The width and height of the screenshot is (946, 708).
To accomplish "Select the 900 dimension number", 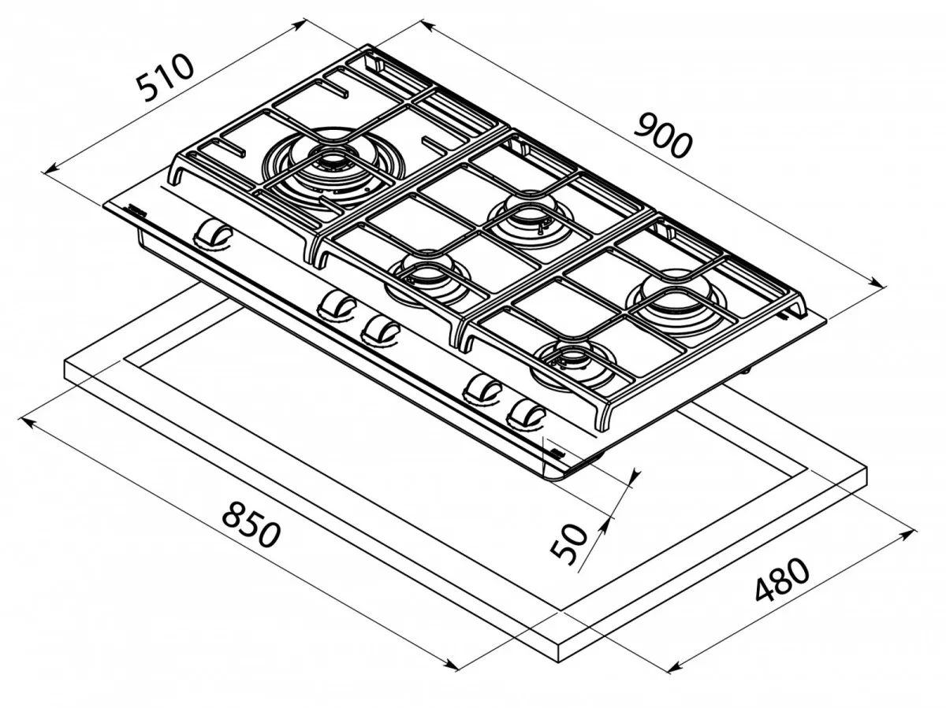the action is pos(664,135).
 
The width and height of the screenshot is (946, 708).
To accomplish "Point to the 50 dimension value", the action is pos(569,544).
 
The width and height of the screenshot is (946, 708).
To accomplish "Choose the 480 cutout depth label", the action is pos(782,580).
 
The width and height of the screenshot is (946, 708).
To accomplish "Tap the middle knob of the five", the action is pos(382,331).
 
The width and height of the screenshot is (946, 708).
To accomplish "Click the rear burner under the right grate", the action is pos(676,297).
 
